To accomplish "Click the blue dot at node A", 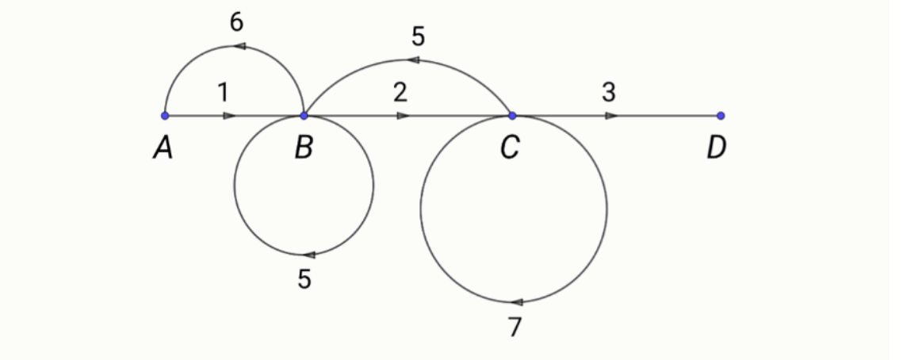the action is click(x=165, y=116).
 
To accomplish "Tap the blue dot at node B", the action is click(x=304, y=116).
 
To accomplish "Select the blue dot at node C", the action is click(x=512, y=116).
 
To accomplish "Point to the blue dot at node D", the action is click(x=721, y=116).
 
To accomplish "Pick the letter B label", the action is click(x=304, y=147).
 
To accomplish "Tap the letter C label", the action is click(x=510, y=147).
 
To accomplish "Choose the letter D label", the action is click(x=717, y=147).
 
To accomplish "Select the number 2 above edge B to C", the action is click(x=400, y=93).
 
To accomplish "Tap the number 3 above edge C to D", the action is click(x=608, y=93).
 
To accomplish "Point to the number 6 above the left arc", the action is click(x=236, y=23).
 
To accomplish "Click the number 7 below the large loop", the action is click(x=515, y=327).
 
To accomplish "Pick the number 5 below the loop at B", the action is click(x=305, y=280).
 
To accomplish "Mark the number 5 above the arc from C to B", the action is click(x=419, y=36).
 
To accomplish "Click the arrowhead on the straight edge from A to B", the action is click(x=229, y=116).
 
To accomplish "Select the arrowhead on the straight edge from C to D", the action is click(x=611, y=116).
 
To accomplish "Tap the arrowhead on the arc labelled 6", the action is click(x=239, y=47).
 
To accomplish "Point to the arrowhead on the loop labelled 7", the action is click(x=517, y=302).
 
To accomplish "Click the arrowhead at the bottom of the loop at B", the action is click(x=309, y=255).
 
